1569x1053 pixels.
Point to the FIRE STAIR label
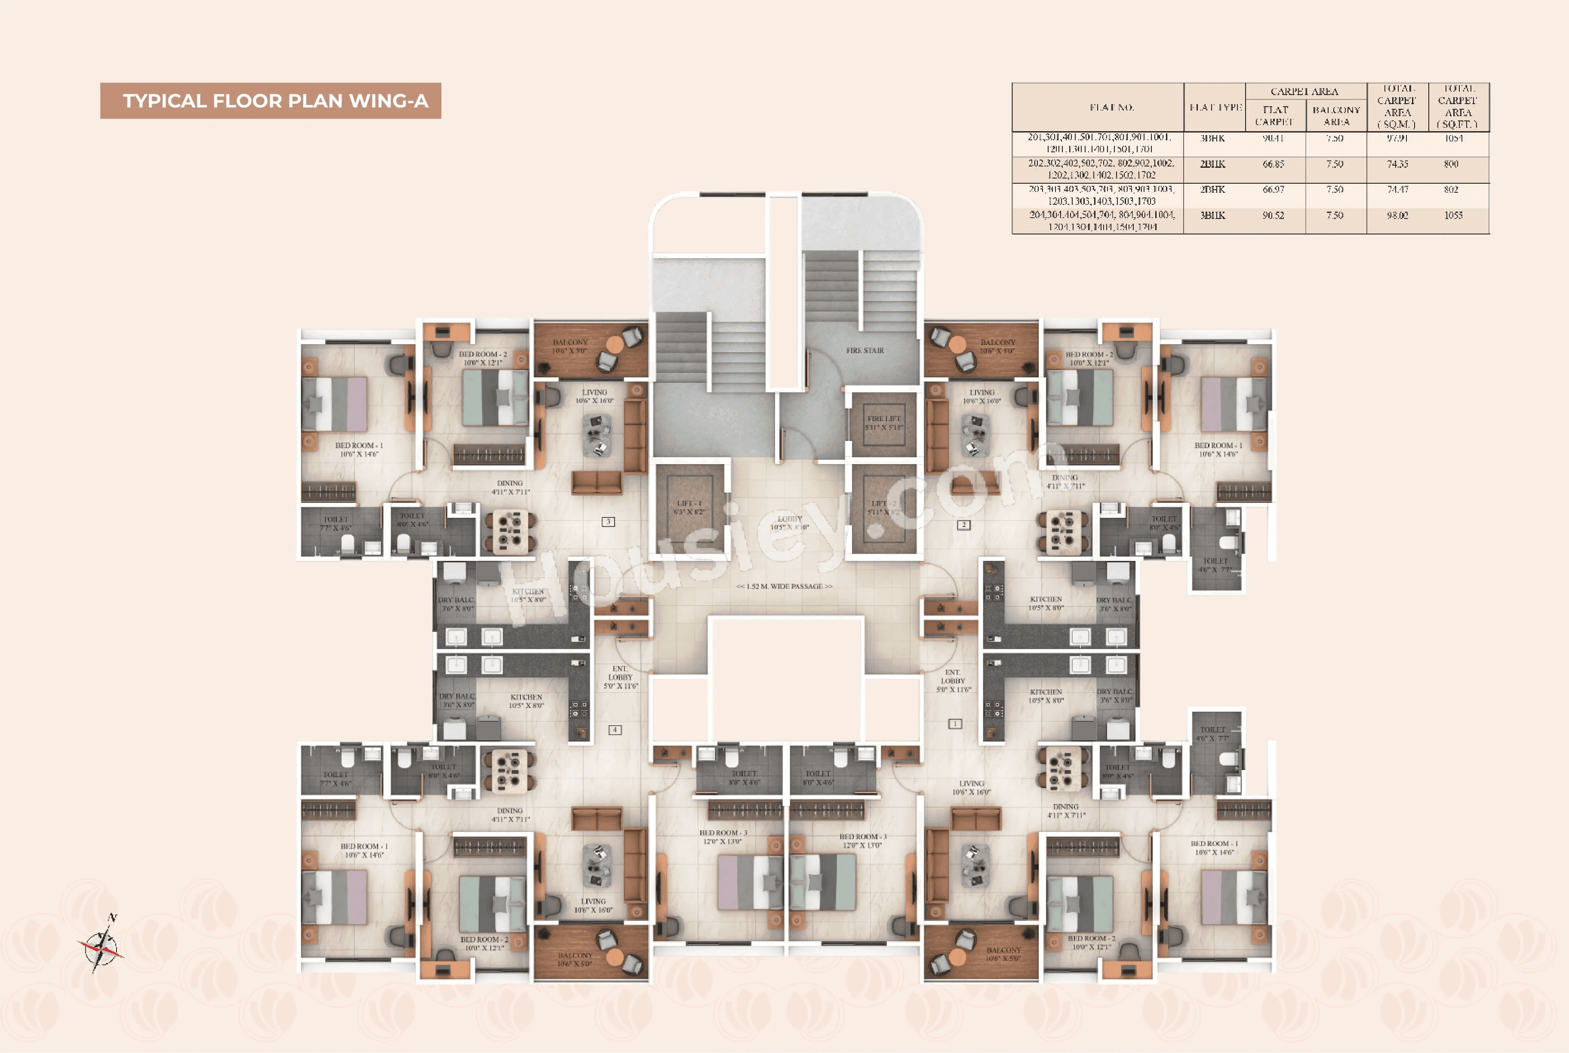click(x=865, y=351)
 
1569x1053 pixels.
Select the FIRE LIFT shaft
click(x=883, y=424)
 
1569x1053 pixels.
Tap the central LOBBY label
click(x=790, y=523)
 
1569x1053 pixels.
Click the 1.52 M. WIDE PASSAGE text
click(x=784, y=586)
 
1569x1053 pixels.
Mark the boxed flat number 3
click(x=608, y=522)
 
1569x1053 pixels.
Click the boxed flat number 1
click(x=955, y=724)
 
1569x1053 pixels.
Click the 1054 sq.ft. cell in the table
click(x=1454, y=139)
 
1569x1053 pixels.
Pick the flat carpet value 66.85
click(x=1273, y=164)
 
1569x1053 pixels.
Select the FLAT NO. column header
click(x=1112, y=108)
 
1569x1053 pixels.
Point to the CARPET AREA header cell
click(x=1304, y=91)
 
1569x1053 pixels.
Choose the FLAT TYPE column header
click(x=1215, y=108)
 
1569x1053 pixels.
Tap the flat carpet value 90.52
click(x=1273, y=216)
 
